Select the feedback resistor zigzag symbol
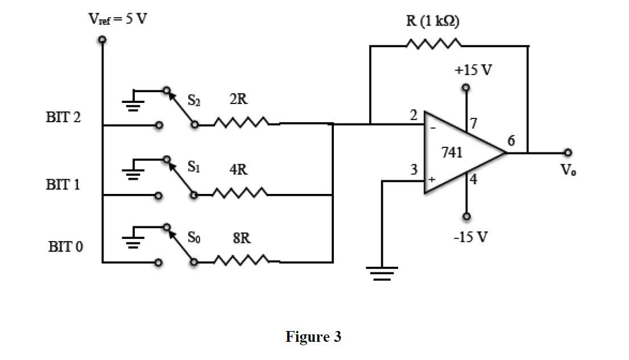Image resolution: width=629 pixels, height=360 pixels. point(434,45)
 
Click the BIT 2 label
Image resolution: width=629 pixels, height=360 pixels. point(63,118)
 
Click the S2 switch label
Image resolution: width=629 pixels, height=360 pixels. point(195,101)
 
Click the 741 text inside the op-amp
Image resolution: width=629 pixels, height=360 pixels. point(452,152)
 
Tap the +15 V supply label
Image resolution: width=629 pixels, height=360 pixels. point(473,71)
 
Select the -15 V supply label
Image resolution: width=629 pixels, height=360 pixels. point(470,237)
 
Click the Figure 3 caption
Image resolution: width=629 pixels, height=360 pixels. point(313,337)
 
